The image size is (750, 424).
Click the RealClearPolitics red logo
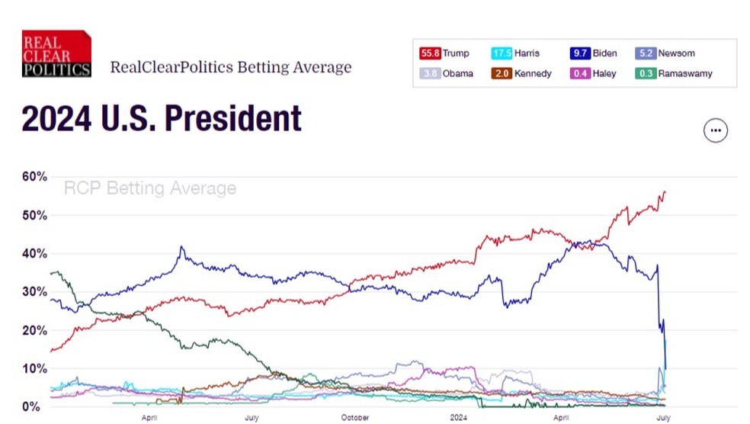[56, 54]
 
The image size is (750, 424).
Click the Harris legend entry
[516, 53]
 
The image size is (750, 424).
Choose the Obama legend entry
[446, 74]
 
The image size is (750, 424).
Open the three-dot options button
[715, 130]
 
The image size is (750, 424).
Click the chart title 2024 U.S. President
[162, 119]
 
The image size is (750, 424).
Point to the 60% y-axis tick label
[35, 177]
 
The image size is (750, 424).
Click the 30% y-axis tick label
[35, 292]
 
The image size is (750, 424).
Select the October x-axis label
[355, 418]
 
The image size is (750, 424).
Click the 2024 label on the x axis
[458, 418]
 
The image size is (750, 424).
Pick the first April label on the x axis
[149, 418]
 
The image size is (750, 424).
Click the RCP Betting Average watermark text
[149, 188]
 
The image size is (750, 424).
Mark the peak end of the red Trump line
[664, 192]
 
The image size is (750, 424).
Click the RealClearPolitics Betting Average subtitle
[231, 67]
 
